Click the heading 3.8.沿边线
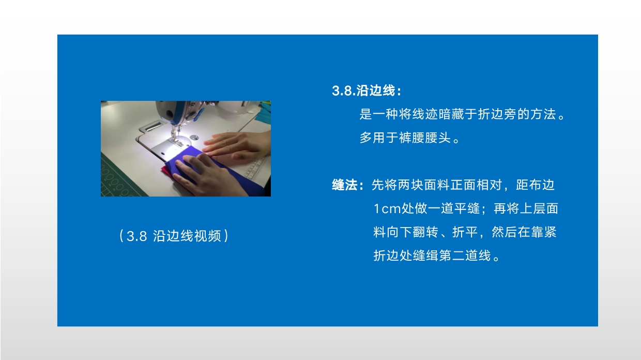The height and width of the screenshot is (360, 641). pos(367,91)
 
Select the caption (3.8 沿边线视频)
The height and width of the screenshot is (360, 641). pos(173,236)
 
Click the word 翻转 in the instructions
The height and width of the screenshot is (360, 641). pos(425,232)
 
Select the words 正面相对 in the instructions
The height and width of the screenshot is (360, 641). pos(477,185)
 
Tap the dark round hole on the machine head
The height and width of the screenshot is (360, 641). pos(170,114)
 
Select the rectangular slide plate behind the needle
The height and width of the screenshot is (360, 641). pos(153,127)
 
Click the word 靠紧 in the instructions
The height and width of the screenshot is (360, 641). pos(543,232)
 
